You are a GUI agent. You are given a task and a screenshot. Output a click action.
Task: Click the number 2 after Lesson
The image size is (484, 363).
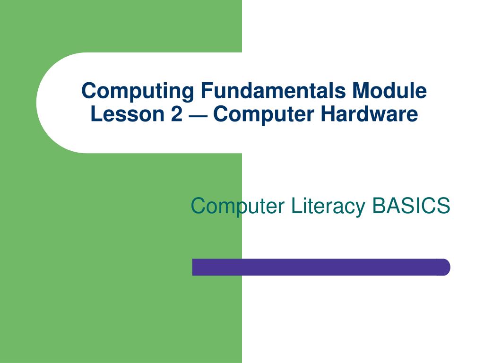(x=176, y=114)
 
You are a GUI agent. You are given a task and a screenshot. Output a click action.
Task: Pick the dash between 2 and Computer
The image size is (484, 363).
(x=198, y=115)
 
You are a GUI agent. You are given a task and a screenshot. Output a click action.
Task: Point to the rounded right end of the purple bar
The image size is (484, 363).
(x=444, y=267)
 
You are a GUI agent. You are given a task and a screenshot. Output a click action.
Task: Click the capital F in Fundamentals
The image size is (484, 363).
(x=205, y=90)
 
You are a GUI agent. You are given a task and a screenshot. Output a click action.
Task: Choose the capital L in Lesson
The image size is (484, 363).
(x=95, y=114)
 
